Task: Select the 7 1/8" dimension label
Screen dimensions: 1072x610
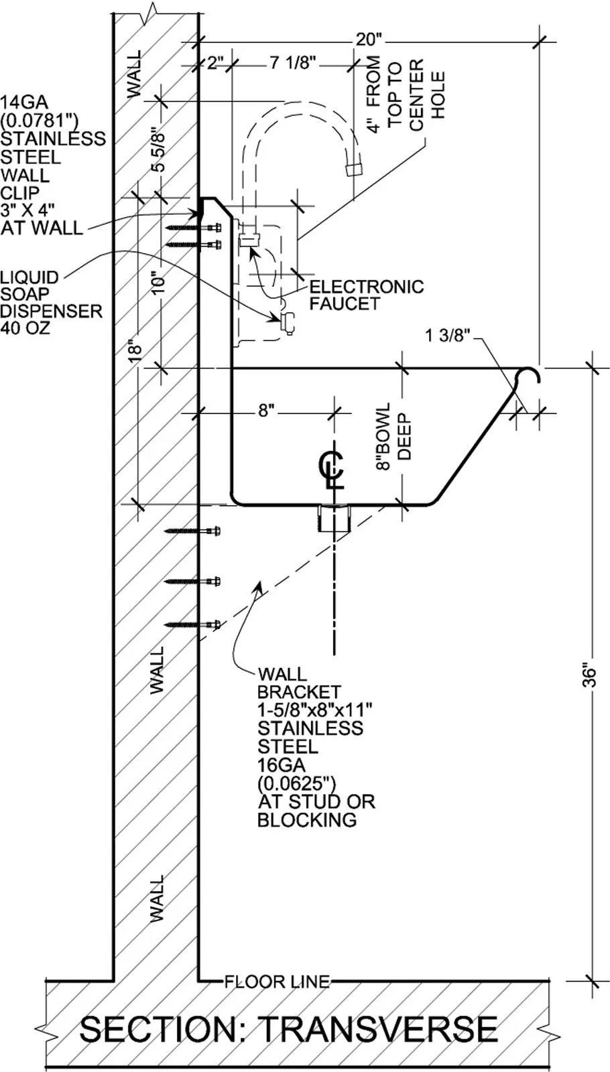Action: [x=293, y=64]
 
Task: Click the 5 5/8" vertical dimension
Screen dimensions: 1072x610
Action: [x=158, y=149]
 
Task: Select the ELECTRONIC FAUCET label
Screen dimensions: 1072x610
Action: [x=366, y=295]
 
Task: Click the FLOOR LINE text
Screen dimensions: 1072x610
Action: [x=277, y=982]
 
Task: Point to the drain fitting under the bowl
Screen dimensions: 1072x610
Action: [x=333, y=519]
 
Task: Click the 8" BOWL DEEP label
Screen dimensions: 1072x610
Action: [x=393, y=438]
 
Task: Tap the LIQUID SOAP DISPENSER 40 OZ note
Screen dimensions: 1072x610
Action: [x=50, y=303]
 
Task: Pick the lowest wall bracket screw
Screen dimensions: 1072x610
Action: [x=194, y=624]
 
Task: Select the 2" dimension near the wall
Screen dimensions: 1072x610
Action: [x=215, y=64]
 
